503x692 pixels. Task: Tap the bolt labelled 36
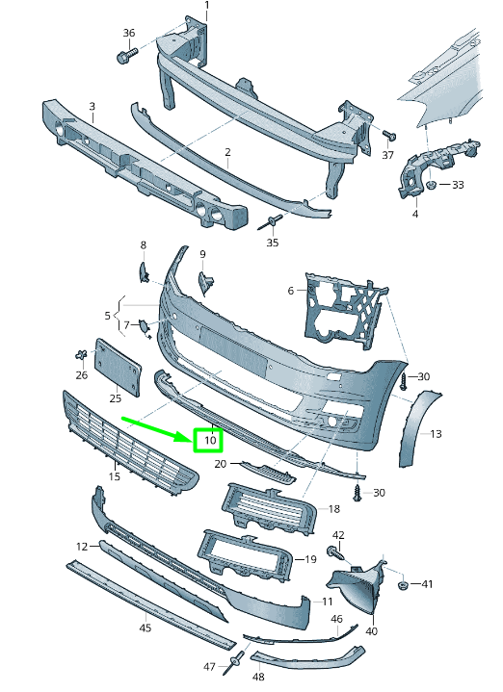(127, 56)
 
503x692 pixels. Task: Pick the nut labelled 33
(433, 184)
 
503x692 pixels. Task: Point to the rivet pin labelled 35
(270, 223)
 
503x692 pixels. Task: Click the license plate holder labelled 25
(118, 367)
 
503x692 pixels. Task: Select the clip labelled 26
(81, 355)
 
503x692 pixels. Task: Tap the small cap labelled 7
(145, 326)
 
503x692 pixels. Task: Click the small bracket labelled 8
(144, 272)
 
